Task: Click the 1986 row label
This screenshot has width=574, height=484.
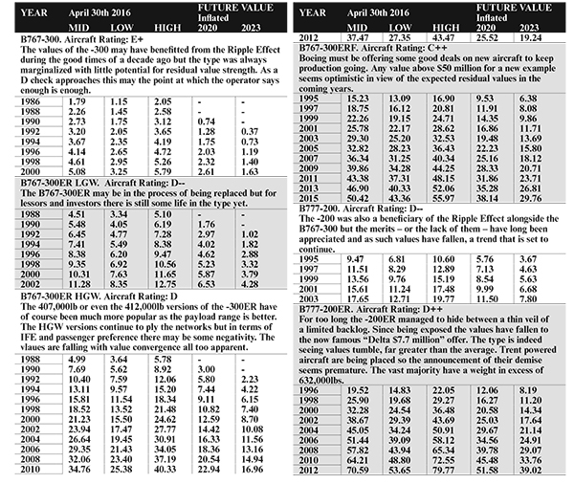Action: [30, 127]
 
